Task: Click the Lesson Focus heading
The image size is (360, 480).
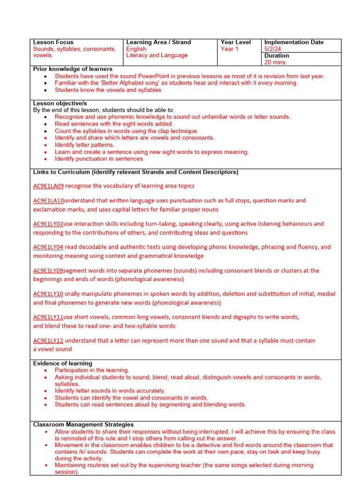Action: (53, 42)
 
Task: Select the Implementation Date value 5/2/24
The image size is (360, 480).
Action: (273, 49)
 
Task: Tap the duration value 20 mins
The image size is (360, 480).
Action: (275, 62)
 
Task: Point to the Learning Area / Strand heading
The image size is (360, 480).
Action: (158, 42)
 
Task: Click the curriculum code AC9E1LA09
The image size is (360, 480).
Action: (48, 186)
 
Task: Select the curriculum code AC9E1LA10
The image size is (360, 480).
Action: (48, 201)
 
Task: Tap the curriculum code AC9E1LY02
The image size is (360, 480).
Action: (48, 224)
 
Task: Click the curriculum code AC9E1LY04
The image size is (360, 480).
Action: (48, 247)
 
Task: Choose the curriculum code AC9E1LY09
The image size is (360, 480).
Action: (48, 270)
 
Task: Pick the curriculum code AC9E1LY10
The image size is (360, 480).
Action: (48, 294)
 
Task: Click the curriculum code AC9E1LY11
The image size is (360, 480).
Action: (48, 317)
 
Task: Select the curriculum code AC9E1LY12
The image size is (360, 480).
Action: (48, 341)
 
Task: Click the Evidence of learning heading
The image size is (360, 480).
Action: (62, 363)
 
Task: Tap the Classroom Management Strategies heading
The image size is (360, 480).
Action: (83, 425)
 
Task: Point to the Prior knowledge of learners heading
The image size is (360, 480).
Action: (73, 69)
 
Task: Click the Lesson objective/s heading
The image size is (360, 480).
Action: (60, 103)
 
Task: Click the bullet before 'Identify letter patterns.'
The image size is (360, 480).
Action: (45, 145)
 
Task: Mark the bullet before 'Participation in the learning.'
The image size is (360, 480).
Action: (45, 370)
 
